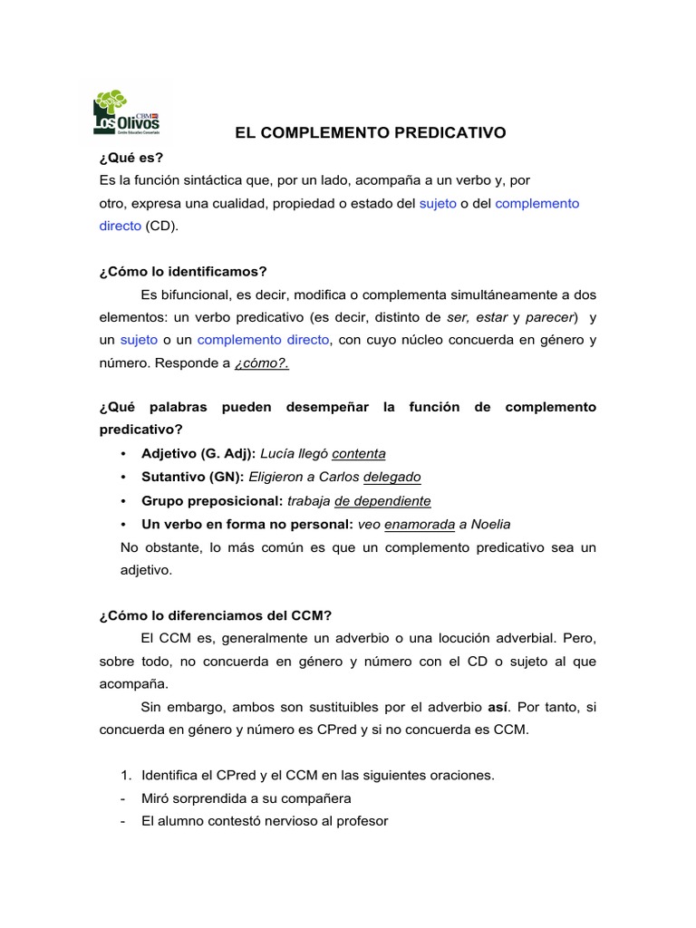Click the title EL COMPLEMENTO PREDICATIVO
coord(370,133)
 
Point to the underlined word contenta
coord(359,453)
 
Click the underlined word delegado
coord(391,477)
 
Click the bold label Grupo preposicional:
coord(212,500)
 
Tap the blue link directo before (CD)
coord(120,226)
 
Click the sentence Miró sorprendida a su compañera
coord(246,798)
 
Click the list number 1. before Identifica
coord(126,775)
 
